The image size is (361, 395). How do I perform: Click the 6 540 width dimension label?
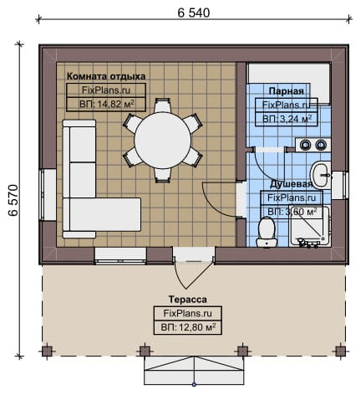194,13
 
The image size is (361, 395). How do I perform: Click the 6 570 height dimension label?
13,200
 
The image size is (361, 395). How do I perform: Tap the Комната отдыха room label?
106,76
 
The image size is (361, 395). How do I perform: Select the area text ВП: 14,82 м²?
107,105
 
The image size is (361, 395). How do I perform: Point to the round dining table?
163,140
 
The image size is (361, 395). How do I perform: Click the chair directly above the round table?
162,105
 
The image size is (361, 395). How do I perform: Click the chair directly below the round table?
162,175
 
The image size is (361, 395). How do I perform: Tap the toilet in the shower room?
267,232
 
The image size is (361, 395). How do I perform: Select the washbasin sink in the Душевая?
321,175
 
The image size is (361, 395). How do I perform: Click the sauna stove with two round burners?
313,145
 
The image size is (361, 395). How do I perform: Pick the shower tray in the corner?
309,226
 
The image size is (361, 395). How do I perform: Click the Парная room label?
286,91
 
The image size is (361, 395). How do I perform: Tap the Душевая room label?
291,184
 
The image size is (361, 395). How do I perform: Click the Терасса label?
188,300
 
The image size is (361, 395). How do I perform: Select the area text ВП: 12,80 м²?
188,327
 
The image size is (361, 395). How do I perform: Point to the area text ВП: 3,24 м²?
287,119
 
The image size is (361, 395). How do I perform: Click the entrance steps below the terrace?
194,371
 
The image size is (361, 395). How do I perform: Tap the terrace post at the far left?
47,351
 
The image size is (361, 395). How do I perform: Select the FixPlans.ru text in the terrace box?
188,313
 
